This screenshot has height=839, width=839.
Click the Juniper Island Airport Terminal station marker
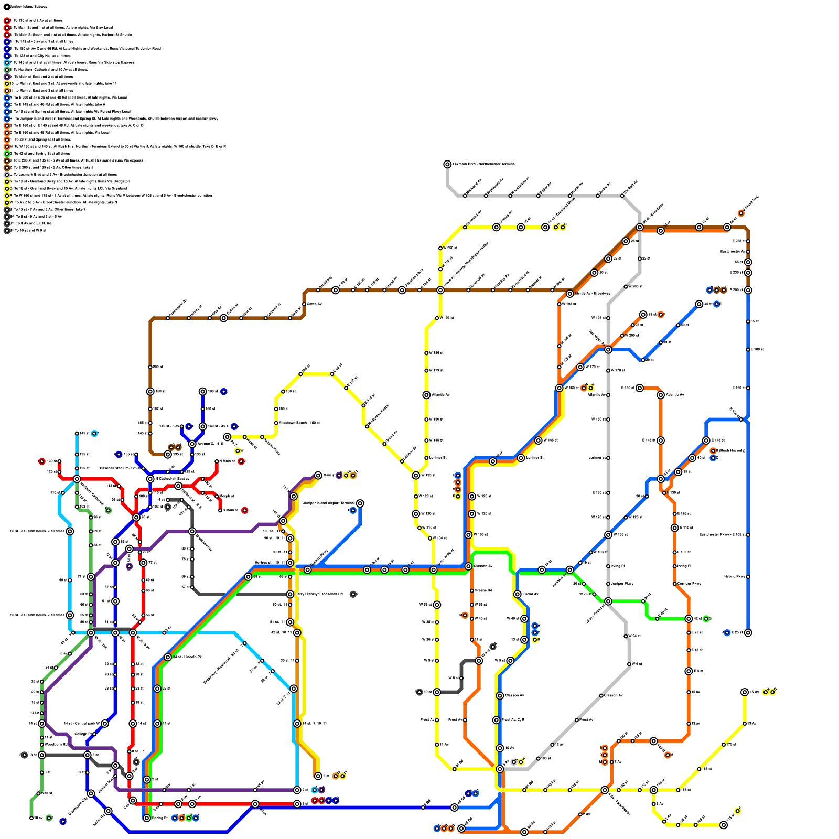tap(360, 503)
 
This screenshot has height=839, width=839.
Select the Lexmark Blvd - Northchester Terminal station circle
tap(447, 164)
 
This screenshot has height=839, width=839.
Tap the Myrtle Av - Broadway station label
tap(593, 294)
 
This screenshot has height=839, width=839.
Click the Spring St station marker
tap(147, 818)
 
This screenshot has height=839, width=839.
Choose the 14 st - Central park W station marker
tap(105, 724)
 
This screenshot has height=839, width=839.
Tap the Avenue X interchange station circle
tap(192, 444)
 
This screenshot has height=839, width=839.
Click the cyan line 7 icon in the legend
tap(7, 62)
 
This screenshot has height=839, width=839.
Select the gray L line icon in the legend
tap(7, 175)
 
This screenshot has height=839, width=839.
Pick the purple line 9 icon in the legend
tap(7, 77)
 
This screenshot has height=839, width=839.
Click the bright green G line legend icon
tap(7, 154)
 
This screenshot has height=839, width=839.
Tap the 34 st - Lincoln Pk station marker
tap(168, 657)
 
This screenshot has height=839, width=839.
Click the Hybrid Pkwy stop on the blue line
tap(748, 577)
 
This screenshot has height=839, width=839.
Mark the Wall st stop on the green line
tap(38, 793)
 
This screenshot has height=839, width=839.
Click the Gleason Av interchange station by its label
tap(483, 566)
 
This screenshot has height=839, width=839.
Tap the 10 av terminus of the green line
tap(31, 818)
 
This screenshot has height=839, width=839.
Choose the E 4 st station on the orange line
tap(689, 671)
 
